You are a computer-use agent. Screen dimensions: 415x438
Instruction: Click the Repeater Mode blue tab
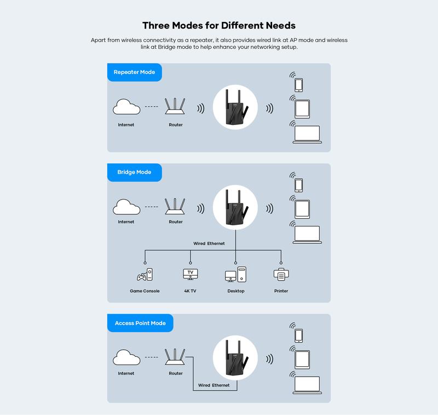(134, 72)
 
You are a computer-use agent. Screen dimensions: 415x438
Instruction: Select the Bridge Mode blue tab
(134, 172)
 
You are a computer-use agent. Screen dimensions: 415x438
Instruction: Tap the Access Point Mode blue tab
(140, 323)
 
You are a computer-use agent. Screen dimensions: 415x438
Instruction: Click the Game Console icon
(145, 274)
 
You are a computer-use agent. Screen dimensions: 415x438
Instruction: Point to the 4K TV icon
(191, 274)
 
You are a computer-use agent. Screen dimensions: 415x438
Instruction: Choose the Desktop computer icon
(236, 274)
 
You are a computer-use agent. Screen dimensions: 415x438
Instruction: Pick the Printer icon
(281, 274)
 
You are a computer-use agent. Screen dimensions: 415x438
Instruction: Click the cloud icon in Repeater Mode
(126, 107)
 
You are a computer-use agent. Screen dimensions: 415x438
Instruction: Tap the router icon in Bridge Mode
(176, 207)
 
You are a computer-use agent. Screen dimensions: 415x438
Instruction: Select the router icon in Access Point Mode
(176, 357)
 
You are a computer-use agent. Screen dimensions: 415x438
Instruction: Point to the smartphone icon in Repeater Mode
(299, 84)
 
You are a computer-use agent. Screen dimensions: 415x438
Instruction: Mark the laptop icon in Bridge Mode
(307, 234)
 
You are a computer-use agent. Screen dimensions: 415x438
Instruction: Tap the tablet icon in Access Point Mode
(302, 359)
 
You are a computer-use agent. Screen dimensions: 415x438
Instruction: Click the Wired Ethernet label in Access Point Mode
(214, 385)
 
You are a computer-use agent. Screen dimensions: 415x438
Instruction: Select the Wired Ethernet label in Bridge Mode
(209, 243)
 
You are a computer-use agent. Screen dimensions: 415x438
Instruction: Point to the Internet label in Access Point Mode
(126, 373)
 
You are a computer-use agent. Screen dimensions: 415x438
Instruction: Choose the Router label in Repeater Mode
(176, 125)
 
